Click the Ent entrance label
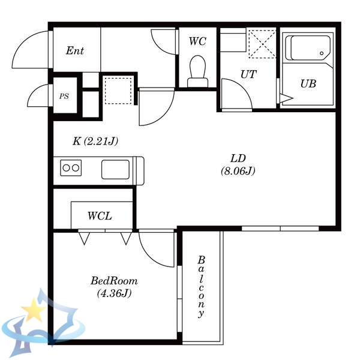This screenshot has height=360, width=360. pyautogui.click(x=75, y=51)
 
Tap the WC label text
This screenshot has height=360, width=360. pyautogui.click(x=197, y=41)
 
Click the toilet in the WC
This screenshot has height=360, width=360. pyautogui.click(x=197, y=71)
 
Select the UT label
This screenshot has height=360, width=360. pyautogui.click(x=248, y=74)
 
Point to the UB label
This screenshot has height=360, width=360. pyautogui.click(x=308, y=84)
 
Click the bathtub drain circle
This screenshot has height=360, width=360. pyautogui.click(x=322, y=53)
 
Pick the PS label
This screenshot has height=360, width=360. pyautogui.click(x=64, y=96)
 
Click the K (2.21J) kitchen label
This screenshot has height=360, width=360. pyautogui.click(x=95, y=141)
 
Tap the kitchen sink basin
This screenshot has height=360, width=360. pyautogui.click(x=115, y=169)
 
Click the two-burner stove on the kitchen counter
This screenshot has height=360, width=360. pyautogui.click(x=71, y=168)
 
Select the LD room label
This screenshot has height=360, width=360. pyautogui.click(x=238, y=158)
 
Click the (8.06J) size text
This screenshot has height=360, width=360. pyautogui.click(x=238, y=171)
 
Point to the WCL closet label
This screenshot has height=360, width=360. pyautogui.click(x=100, y=216)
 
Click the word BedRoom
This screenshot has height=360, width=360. pyautogui.click(x=114, y=281)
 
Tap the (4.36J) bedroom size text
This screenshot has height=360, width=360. pyautogui.click(x=114, y=293)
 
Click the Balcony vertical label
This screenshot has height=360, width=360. pyautogui.click(x=201, y=287)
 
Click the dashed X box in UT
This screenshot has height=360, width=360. pyautogui.click(x=262, y=44)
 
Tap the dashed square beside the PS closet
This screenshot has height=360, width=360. pyautogui.click(x=118, y=91)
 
